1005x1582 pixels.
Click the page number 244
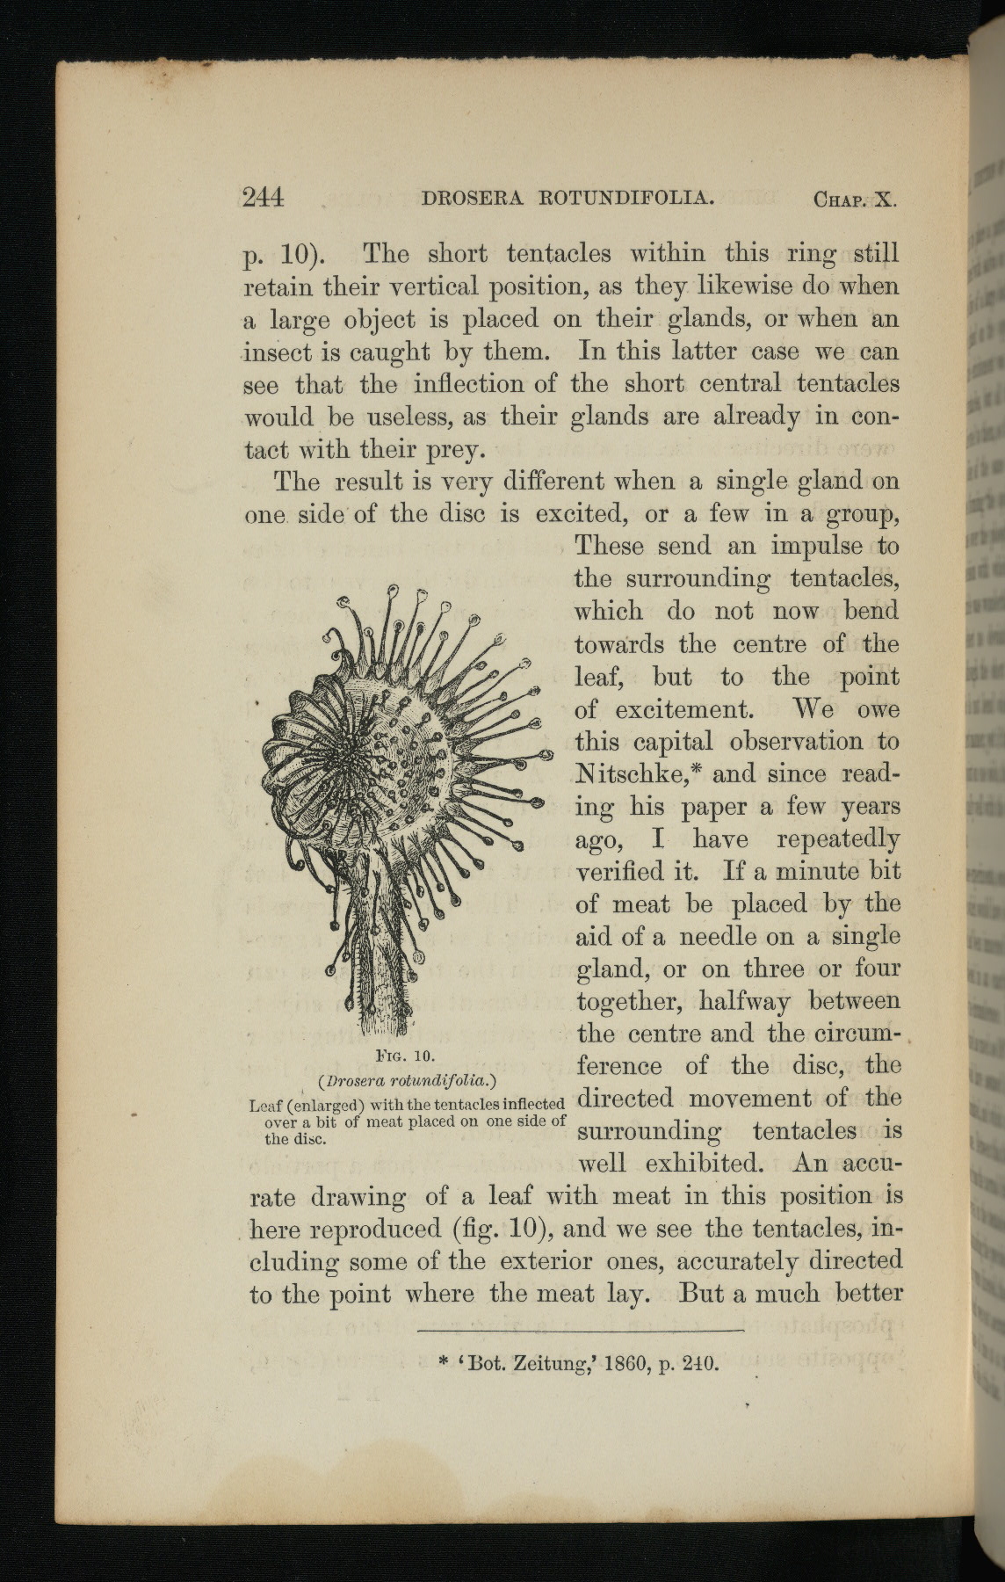pyautogui.click(x=263, y=197)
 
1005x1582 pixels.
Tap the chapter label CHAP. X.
pyautogui.click(x=854, y=199)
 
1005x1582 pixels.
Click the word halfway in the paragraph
pyautogui.click(x=744, y=1002)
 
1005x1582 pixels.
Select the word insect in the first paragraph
pyautogui.click(x=278, y=352)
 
